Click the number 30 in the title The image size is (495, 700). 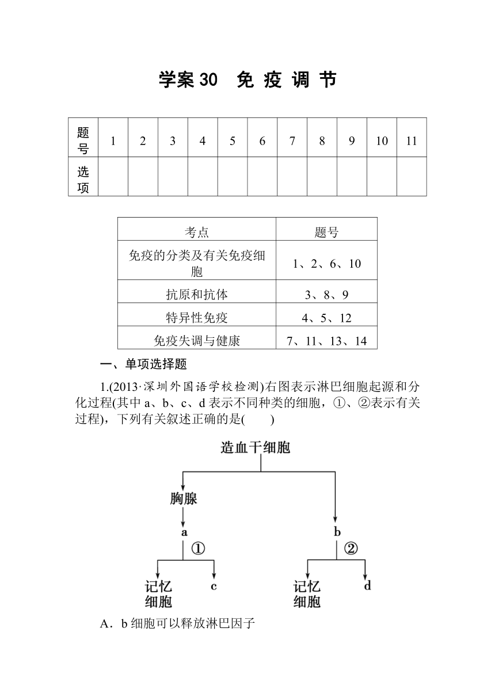tap(208, 79)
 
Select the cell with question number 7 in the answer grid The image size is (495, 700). tap(292, 138)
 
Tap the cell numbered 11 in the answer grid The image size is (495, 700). tap(412, 138)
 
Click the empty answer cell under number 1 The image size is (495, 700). tap(113, 177)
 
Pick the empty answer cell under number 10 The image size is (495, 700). tap(382, 177)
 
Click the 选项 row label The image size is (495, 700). tap(83, 177)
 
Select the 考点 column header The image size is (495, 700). tap(197, 229)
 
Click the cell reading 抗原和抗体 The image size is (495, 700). tap(197, 291)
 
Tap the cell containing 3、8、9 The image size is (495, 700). tap(326, 291)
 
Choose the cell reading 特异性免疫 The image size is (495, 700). tap(197, 314)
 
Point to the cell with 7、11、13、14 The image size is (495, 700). tap(326, 337)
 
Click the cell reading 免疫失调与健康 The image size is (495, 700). tap(197, 337)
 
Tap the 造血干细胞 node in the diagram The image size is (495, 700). tap(256, 447)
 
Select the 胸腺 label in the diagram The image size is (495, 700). tap(184, 499)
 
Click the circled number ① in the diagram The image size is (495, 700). tap(198, 549)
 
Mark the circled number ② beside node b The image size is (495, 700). tap(351, 549)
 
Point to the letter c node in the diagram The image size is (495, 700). tap(214, 586)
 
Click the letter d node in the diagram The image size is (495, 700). tap(367, 585)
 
